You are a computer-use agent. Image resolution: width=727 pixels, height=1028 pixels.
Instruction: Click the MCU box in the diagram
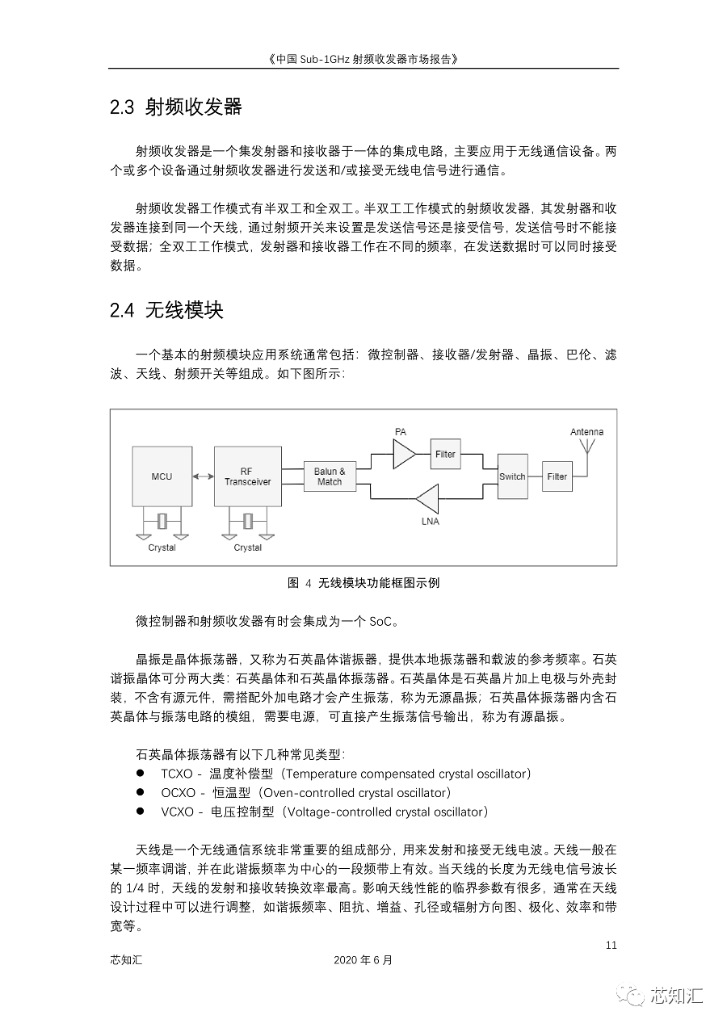[162, 476]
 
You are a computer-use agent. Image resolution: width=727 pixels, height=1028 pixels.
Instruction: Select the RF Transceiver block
[247, 476]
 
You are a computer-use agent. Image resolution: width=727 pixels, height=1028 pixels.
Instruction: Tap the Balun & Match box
[329, 476]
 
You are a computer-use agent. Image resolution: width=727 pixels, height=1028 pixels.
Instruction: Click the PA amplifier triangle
[403, 455]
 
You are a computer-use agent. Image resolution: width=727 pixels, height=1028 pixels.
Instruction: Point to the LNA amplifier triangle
[427, 499]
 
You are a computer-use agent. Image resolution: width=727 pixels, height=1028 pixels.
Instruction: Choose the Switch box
[512, 476]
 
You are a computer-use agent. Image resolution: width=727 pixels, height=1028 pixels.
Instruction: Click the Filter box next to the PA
[445, 455]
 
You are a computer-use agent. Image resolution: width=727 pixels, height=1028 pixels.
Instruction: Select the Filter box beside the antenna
[557, 476]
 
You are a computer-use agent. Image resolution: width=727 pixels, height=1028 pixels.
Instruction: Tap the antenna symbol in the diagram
[586, 447]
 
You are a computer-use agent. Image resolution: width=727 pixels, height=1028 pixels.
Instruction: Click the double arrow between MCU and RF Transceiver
[203, 476]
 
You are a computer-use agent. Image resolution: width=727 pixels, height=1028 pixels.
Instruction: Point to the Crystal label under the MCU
[162, 548]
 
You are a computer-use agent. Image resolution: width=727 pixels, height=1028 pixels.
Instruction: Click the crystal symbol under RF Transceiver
[247, 521]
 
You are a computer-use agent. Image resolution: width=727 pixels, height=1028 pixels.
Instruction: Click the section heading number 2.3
[121, 107]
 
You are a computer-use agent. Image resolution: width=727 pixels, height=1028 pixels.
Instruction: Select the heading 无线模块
[184, 310]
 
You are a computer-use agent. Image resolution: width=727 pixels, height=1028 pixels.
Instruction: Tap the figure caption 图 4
[300, 583]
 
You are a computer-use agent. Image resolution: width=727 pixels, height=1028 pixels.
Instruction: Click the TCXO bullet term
[176, 774]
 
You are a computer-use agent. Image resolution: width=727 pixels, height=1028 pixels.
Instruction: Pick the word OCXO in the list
[177, 793]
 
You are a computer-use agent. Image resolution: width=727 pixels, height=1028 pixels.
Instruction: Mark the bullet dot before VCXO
[140, 812]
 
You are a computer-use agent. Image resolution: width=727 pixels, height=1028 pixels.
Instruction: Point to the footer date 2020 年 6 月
[363, 960]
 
